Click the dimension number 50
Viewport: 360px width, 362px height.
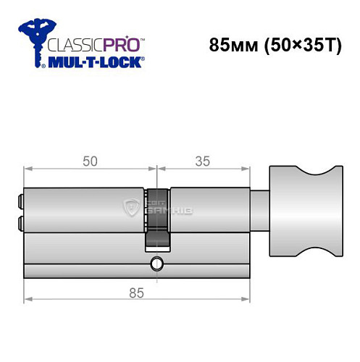click(91, 161)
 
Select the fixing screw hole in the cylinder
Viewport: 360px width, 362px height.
click(155, 263)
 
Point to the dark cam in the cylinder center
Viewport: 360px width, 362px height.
click(156, 217)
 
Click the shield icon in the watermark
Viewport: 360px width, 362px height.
click(131, 208)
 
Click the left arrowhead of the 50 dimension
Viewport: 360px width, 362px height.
click(28, 171)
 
